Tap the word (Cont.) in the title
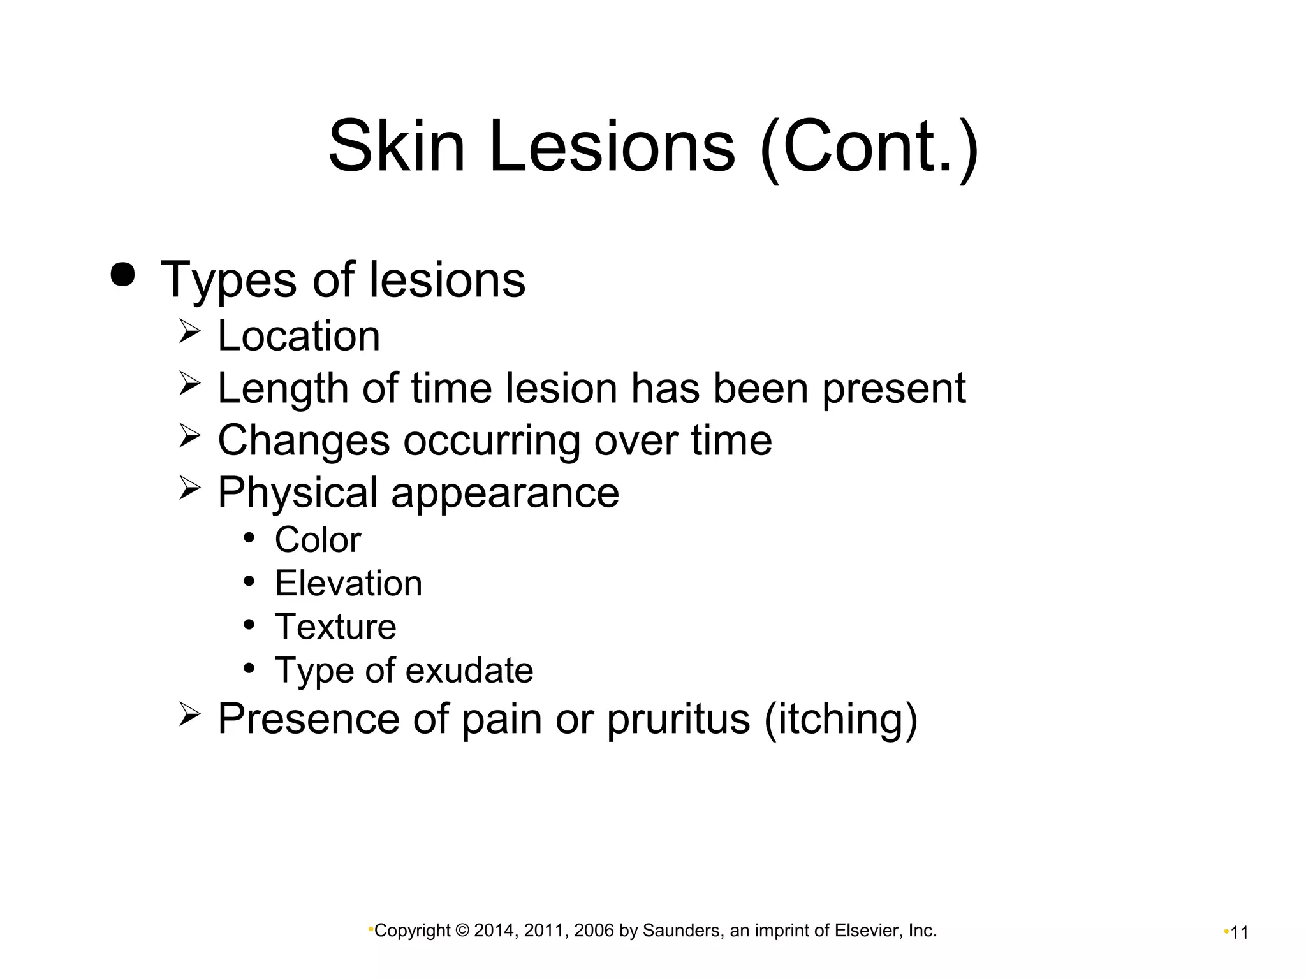click(x=869, y=147)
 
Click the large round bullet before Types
click(x=122, y=275)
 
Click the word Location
click(x=298, y=335)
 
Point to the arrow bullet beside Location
click(x=189, y=331)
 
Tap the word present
click(x=893, y=388)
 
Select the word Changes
click(x=303, y=440)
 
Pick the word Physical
click(x=298, y=493)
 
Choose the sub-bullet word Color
click(x=318, y=540)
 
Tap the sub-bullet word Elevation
click(x=348, y=583)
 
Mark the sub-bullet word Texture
click(x=335, y=627)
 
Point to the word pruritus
click(x=678, y=719)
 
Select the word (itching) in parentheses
click(x=840, y=719)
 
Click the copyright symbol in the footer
click(x=462, y=931)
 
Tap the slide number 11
click(x=1239, y=933)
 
